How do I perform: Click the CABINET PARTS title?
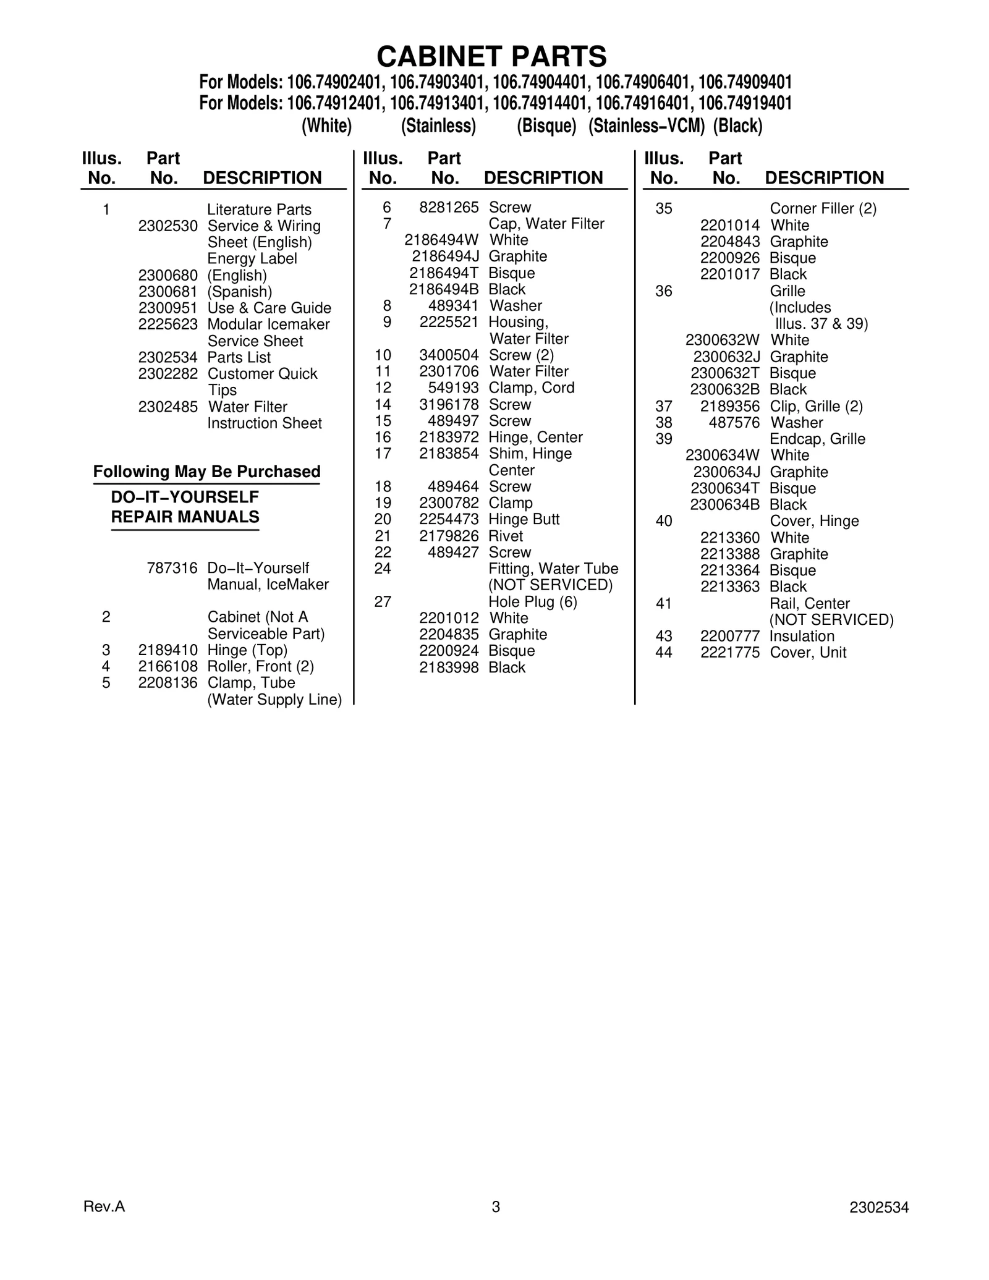click(491, 57)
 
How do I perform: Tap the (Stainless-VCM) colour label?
click(647, 126)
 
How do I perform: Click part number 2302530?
click(168, 226)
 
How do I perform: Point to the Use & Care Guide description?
click(269, 308)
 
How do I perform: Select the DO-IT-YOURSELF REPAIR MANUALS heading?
click(185, 507)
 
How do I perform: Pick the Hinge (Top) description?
click(247, 650)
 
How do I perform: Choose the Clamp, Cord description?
click(532, 388)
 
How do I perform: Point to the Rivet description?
click(506, 536)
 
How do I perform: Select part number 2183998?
click(449, 668)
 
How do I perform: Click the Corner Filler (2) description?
click(823, 209)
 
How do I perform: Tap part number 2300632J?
click(726, 357)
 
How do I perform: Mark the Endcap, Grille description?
click(817, 439)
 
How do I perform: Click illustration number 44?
click(663, 653)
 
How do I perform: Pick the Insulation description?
click(802, 636)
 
